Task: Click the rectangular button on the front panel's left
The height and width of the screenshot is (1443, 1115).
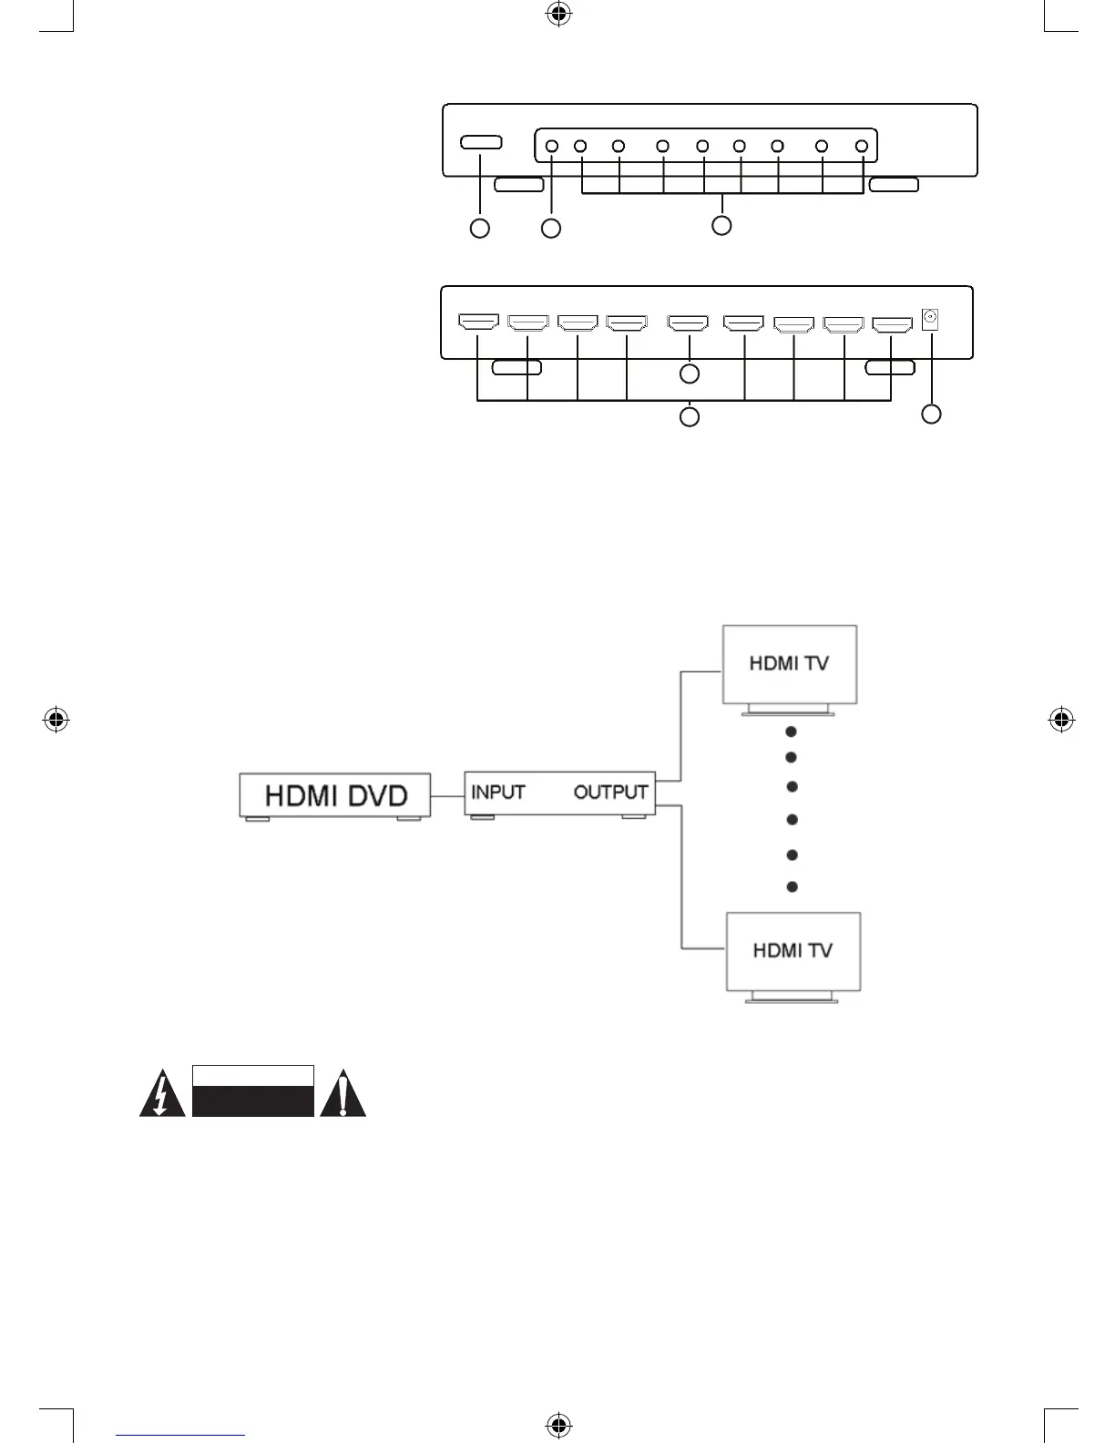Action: [x=480, y=143]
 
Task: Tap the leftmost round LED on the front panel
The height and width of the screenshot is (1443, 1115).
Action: [x=551, y=146]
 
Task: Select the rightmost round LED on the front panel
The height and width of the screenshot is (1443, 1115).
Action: [x=861, y=146]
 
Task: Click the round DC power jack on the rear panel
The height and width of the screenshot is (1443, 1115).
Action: [x=930, y=319]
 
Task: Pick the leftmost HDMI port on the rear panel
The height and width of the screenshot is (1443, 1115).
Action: [x=477, y=322]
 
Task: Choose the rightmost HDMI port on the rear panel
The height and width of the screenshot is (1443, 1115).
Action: [x=892, y=323]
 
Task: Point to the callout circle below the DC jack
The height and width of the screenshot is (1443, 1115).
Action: [x=930, y=414]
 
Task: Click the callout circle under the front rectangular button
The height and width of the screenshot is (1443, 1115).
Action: [x=480, y=229]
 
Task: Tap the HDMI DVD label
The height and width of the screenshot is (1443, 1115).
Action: [x=335, y=795]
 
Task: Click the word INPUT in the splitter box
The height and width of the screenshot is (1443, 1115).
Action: [x=497, y=792]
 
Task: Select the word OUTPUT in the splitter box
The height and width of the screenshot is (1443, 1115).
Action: [x=610, y=792]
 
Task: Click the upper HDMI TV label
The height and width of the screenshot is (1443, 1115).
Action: [x=789, y=663]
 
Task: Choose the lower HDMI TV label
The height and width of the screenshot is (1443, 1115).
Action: [x=793, y=950]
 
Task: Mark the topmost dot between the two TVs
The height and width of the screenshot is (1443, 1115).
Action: [x=792, y=732]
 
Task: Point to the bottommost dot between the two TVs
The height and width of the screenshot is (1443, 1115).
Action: [x=792, y=886]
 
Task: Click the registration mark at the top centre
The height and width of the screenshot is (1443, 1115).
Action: [x=558, y=14]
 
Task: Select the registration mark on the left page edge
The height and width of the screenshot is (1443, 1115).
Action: [x=56, y=720]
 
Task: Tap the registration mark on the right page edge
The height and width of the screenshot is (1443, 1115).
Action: [x=1060, y=720]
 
